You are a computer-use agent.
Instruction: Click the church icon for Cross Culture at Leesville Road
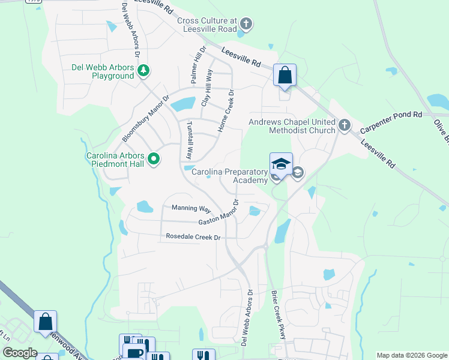[x=246, y=25]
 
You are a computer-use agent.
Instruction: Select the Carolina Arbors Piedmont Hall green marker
[x=154, y=159]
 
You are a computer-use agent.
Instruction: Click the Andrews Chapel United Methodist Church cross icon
[x=344, y=125]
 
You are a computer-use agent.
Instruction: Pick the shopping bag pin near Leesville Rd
[x=285, y=76]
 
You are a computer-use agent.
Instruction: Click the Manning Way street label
[x=191, y=208]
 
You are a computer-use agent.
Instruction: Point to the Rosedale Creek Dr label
[x=193, y=238]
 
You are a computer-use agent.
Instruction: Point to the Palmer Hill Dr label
[x=198, y=64]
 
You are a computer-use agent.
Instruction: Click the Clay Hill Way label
[x=207, y=88]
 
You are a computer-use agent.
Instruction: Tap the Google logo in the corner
[x=20, y=353]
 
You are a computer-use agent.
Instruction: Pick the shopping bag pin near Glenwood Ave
[x=45, y=322]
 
